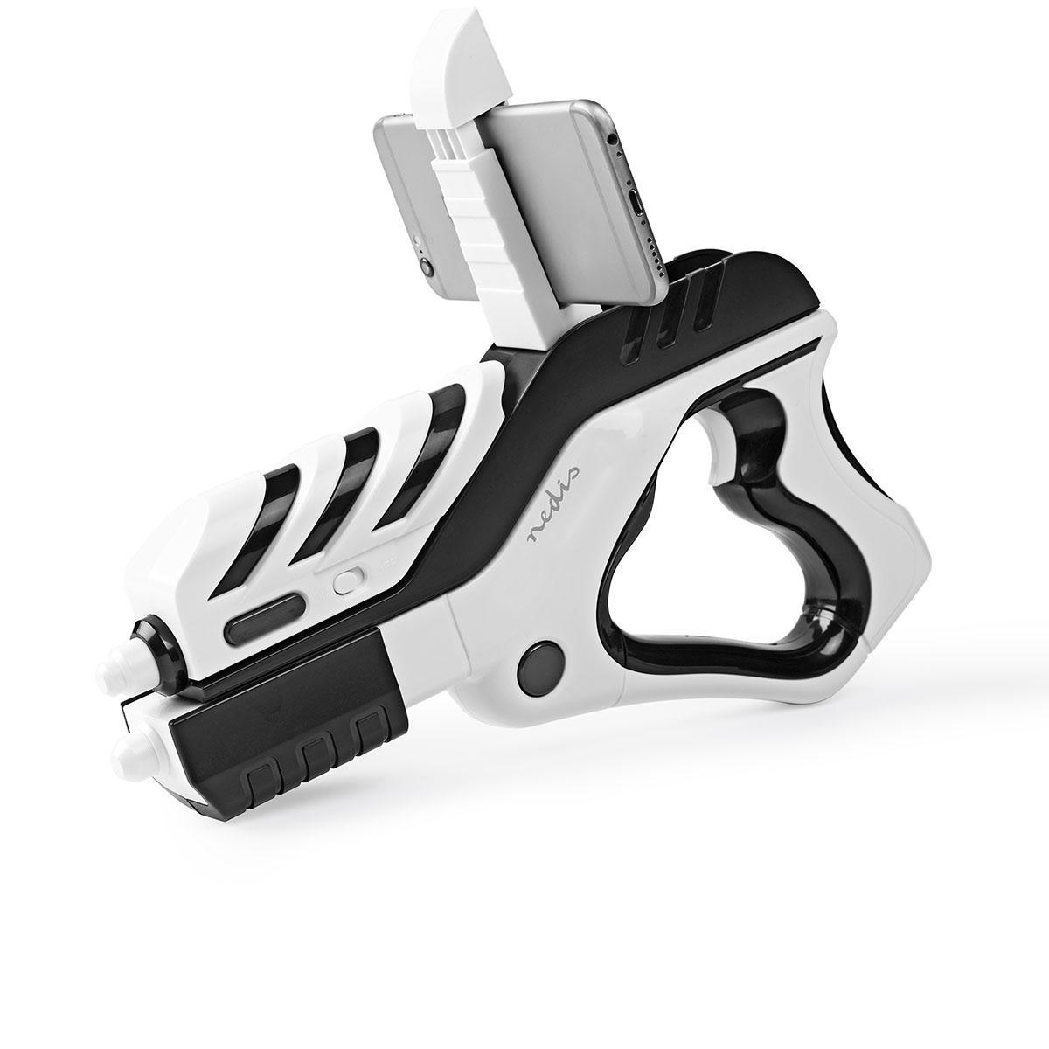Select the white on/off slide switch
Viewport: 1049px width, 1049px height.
click(351, 580)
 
